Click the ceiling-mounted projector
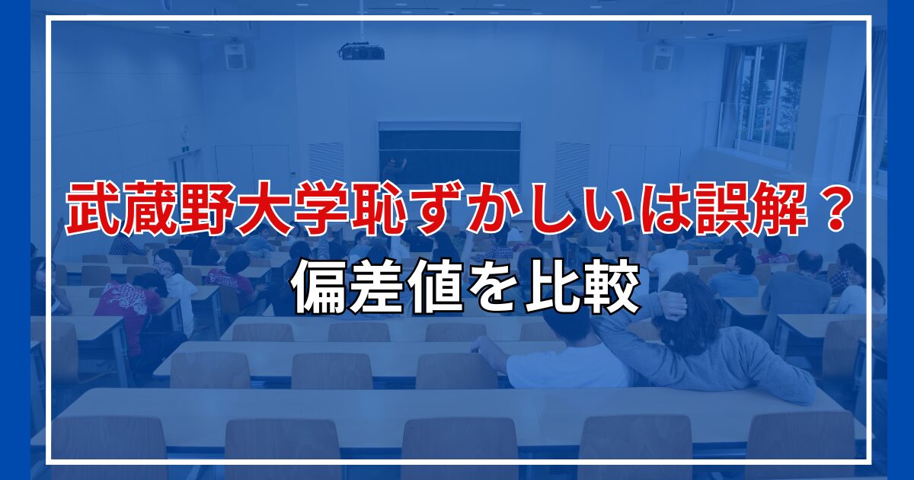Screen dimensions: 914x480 362,52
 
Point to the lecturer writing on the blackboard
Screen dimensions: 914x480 393,169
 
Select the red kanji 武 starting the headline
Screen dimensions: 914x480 92,208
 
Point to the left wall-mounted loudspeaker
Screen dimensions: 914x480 236,55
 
